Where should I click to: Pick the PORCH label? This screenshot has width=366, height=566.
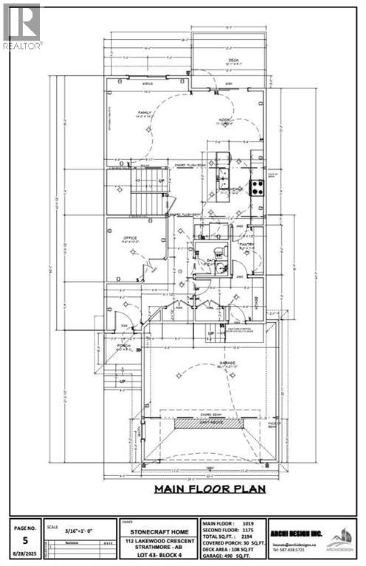[x=123, y=346]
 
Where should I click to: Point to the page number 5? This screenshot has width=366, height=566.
[x=25, y=538]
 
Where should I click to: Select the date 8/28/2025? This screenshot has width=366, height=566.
[x=25, y=553]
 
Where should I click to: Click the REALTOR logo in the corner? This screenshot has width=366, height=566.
[x=22, y=27]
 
